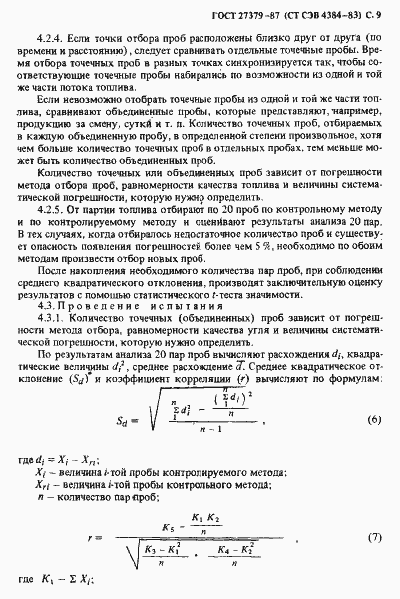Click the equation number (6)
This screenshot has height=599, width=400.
373,392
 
